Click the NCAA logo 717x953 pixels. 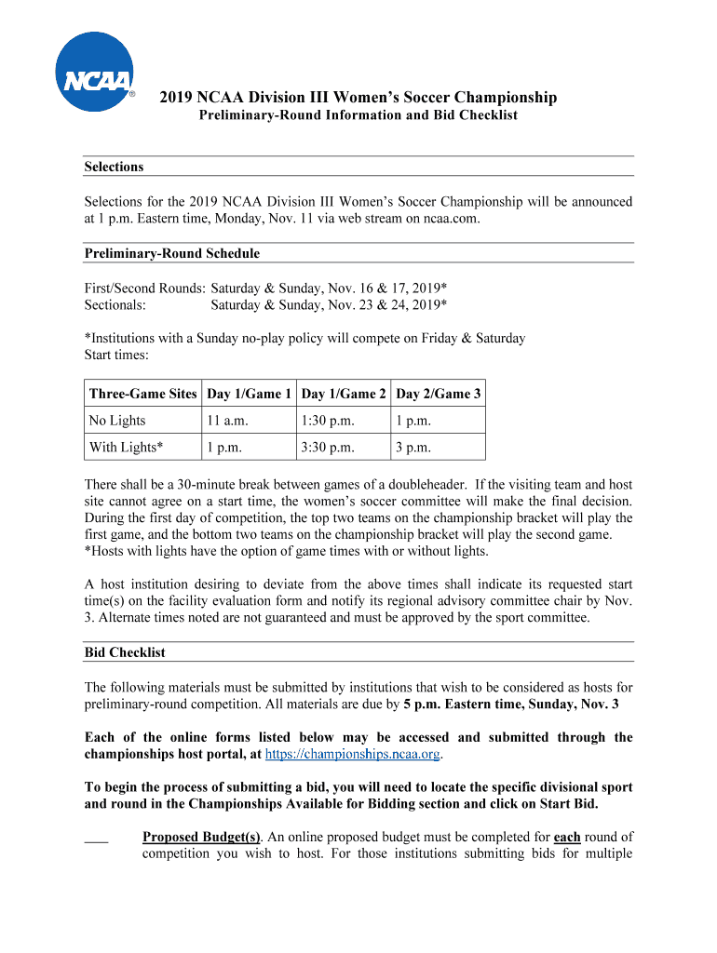94,72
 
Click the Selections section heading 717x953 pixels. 114,168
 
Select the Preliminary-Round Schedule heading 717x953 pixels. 172,253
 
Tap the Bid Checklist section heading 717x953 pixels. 125,652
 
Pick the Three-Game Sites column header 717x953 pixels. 142,394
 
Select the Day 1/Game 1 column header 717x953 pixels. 250,394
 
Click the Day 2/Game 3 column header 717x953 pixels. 438,394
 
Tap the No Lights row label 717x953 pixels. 117,421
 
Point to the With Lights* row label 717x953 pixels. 126,448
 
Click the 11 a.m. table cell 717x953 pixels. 228,421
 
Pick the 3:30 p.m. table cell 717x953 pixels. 328,448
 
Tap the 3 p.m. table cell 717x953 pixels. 413,448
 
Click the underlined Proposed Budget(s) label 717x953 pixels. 201,837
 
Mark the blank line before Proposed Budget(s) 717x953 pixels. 96,839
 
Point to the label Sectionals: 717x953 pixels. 115,305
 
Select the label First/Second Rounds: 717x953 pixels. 144,288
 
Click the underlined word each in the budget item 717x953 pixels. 567,837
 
